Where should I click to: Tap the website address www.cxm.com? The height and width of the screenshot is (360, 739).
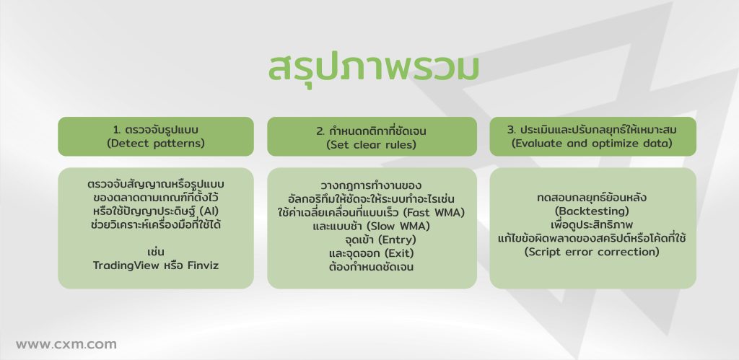[x=66, y=344]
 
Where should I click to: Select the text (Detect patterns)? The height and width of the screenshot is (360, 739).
[x=156, y=144]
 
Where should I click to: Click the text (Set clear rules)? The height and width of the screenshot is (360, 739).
[x=372, y=145]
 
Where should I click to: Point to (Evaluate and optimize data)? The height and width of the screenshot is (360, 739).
[x=592, y=144]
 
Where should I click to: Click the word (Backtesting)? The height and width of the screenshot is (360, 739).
[x=592, y=211]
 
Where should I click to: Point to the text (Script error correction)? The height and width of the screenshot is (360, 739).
[x=592, y=252]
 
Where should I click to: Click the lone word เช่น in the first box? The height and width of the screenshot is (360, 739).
[x=156, y=252]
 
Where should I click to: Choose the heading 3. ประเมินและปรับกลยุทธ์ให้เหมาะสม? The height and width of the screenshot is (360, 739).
[x=592, y=130]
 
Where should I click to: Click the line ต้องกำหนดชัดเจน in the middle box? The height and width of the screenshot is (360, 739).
[x=372, y=267]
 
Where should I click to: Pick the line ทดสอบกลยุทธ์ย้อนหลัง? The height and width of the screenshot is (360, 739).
[x=592, y=198]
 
